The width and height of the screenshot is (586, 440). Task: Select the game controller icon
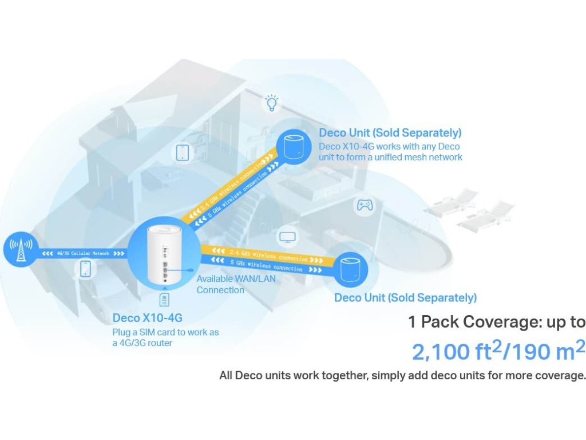click(x=365, y=205)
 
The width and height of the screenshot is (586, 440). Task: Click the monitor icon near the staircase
click(x=286, y=237)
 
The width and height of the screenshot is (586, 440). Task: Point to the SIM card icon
click(x=165, y=300)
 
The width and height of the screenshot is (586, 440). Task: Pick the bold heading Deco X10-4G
click(x=148, y=318)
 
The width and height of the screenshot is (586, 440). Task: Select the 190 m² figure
click(x=547, y=351)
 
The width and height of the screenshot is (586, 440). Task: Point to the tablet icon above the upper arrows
click(x=183, y=152)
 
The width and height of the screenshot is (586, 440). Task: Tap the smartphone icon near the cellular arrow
click(x=86, y=269)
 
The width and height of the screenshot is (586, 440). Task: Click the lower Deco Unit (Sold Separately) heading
click(x=405, y=298)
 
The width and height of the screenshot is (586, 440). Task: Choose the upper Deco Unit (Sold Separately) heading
click(x=390, y=133)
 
